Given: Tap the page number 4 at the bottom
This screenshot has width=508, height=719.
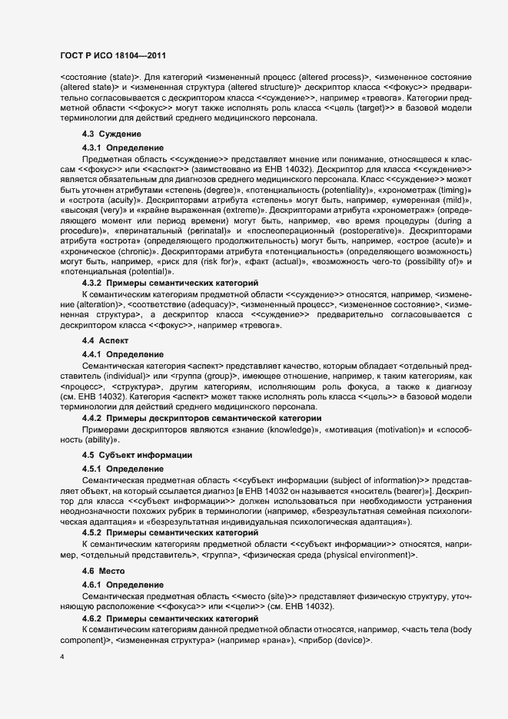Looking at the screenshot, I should tap(62, 658).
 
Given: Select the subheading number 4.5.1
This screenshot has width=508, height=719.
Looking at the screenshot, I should tap(93, 468).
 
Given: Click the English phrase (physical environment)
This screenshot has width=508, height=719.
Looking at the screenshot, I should tap(363, 555).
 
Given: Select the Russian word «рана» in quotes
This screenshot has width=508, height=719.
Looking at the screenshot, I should tap(271, 640).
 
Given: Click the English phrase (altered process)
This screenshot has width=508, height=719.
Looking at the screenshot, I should tap(335, 78).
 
